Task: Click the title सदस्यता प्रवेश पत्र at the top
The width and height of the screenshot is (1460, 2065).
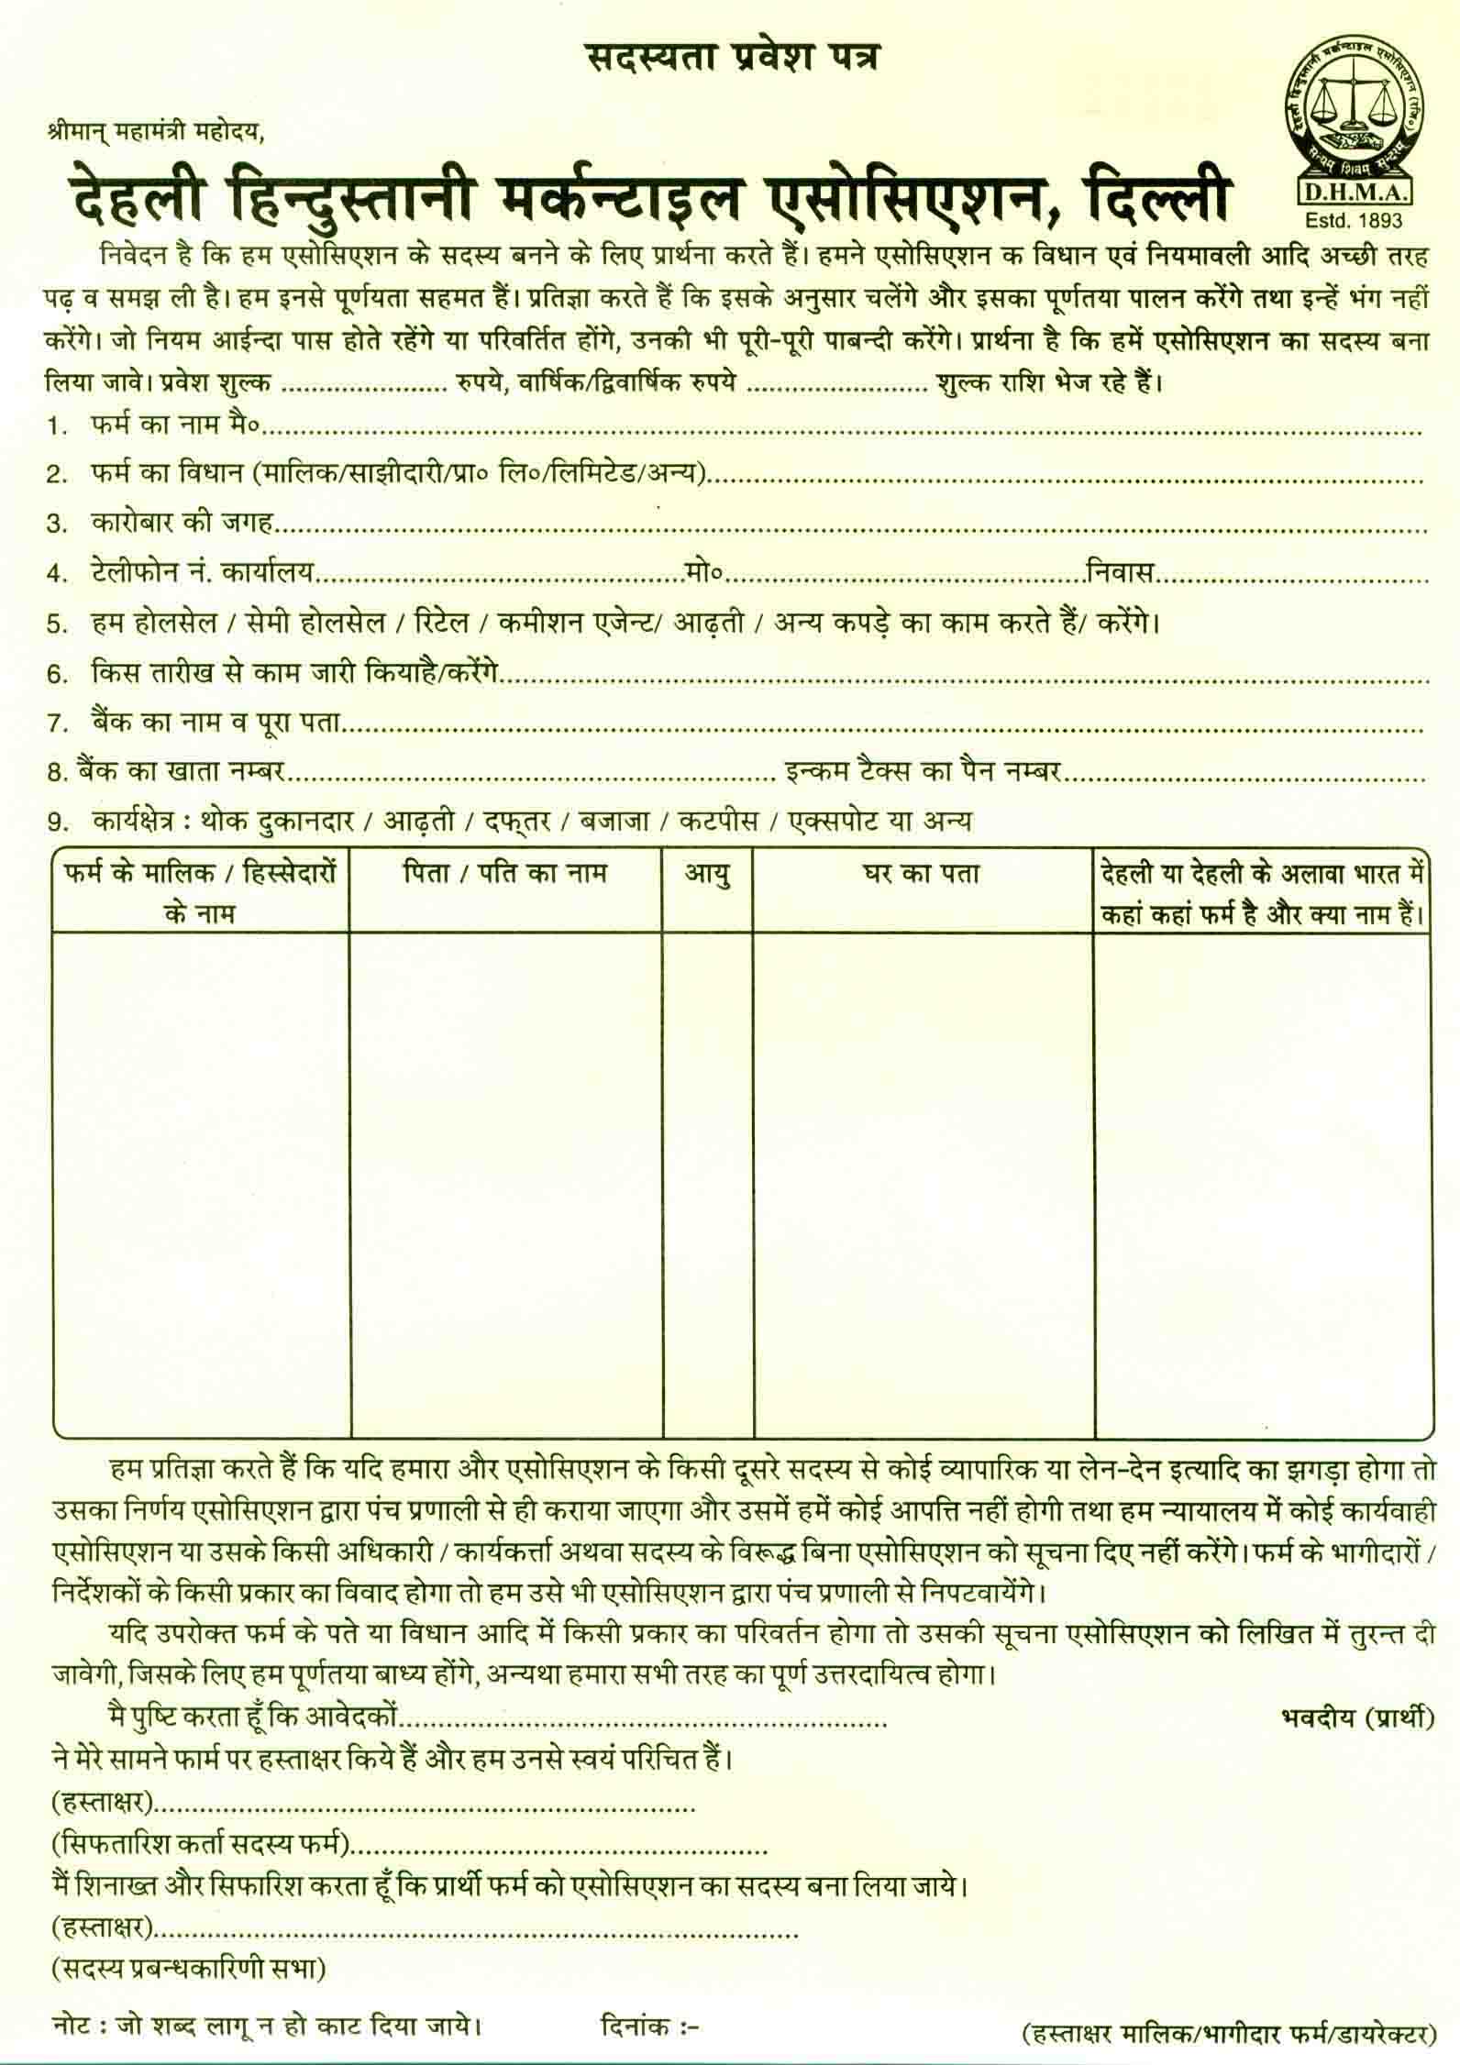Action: (x=731, y=58)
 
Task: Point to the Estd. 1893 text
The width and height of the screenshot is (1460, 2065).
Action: (x=1354, y=220)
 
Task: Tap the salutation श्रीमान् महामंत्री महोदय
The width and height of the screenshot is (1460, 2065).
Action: (x=156, y=131)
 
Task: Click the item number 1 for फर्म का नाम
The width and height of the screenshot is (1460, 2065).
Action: (x=58, y=426)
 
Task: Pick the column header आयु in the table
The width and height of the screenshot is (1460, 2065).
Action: (x=709, y=875)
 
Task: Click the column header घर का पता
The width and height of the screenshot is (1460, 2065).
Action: (x=923, y=875)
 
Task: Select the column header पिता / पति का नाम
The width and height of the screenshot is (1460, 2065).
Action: (x=505, y=873)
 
